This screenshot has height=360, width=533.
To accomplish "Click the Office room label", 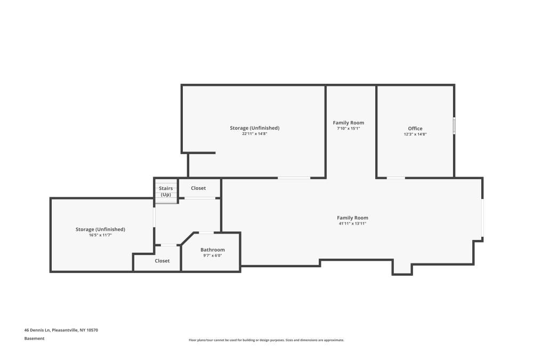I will point(415,129).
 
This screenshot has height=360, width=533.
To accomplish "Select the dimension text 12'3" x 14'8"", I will point(415,134).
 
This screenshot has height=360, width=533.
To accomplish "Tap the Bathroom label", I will point(213,250).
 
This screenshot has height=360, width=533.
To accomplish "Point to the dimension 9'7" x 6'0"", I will point(213,255).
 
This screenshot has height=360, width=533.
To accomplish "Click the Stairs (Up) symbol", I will point(166,191).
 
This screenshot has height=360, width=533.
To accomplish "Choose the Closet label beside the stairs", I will point(198,188).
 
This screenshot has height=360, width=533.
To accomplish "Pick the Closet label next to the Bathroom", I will point(162,261).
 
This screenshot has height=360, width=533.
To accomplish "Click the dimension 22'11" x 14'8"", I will point(254,134).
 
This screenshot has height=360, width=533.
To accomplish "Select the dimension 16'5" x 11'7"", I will point(100,235).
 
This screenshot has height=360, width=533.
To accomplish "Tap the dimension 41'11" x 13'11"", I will point(352,223).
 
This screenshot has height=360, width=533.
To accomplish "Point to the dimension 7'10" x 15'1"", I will point(349,129).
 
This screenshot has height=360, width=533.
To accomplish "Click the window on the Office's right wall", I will point(454,125).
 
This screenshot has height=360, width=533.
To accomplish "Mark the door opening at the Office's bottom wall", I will point(395,178).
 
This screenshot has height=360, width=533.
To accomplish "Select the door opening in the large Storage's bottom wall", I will point(294,178).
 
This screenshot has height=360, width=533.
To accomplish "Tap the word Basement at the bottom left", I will point(34,338).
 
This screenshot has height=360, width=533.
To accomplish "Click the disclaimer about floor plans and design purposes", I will point(266,340).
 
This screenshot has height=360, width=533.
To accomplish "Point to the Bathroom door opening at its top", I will point(206,233).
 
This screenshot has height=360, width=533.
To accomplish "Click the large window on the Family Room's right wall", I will point(482,218).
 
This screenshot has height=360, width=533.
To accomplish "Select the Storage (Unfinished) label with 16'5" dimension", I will point(100,229).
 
